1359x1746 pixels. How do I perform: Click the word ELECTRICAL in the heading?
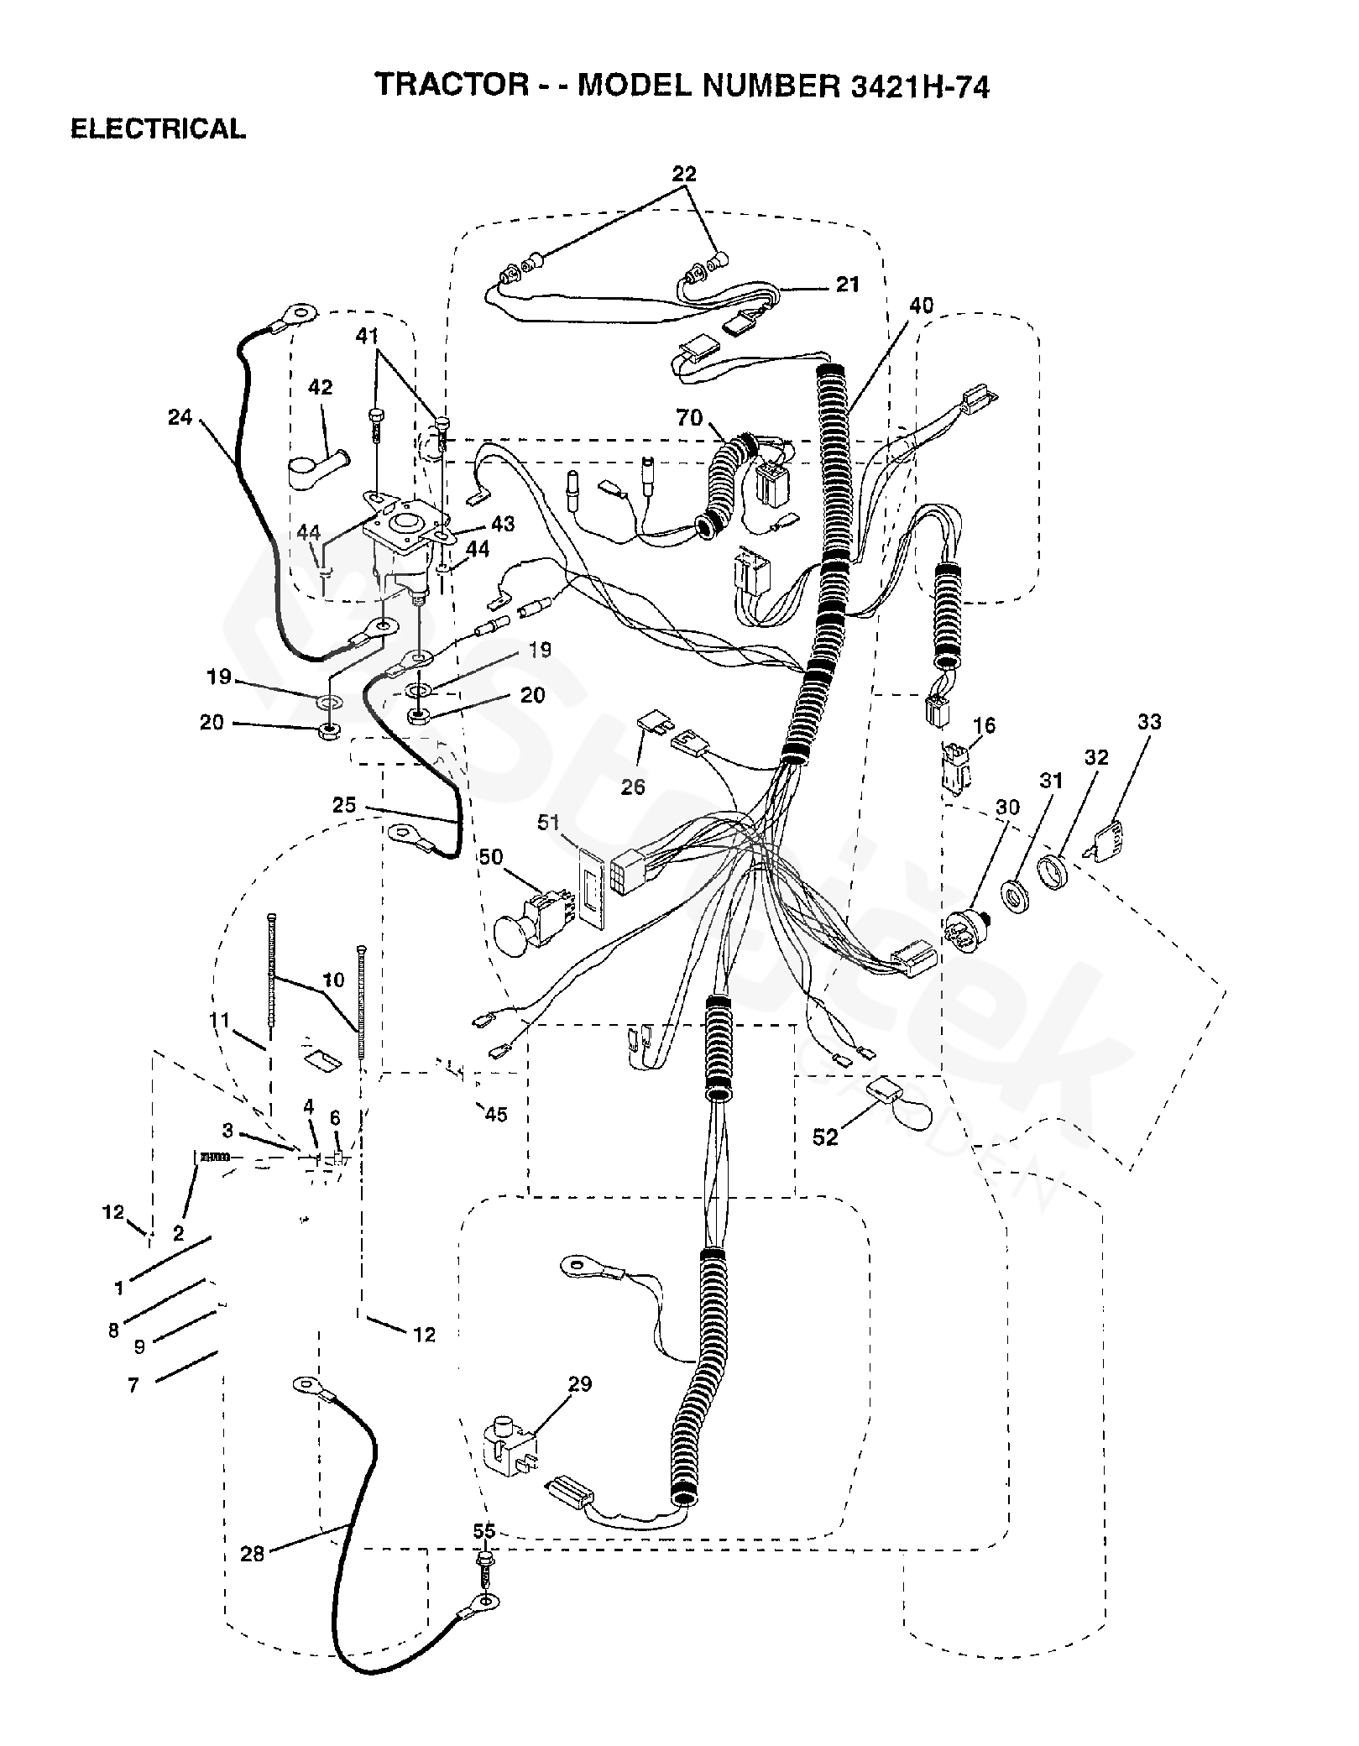coord(158,128)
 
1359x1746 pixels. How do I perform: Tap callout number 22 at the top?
coord(684,174)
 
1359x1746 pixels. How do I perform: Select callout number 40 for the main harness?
coord(921,306)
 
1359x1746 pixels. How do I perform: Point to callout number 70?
coord(689,417)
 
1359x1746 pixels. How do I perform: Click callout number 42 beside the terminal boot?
coord(321,387)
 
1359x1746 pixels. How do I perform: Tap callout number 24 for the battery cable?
coord(180,416)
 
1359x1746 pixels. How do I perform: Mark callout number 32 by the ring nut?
coord(1096,757)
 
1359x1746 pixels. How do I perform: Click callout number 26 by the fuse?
coord(634,787)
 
